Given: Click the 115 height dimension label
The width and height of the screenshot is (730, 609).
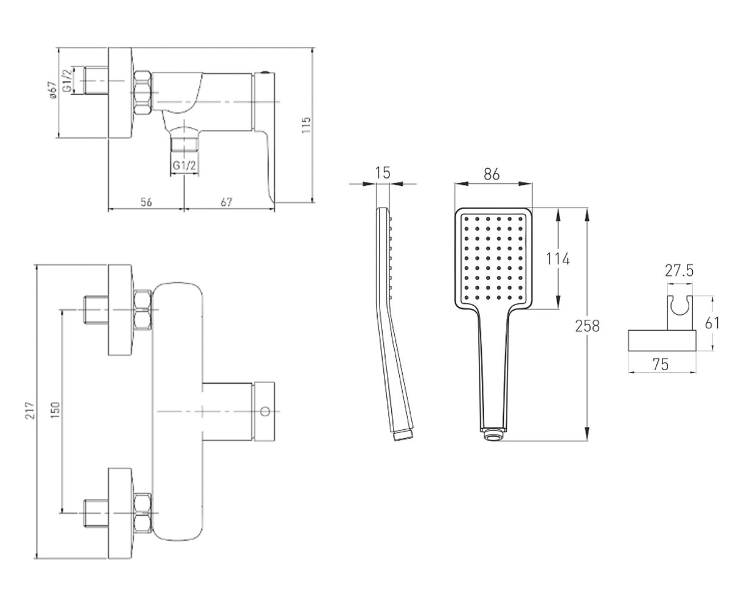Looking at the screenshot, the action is tap(306, 125).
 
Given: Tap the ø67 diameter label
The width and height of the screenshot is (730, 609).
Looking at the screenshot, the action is tap(52, 90).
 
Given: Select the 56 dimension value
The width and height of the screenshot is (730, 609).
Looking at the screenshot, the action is tap(146, 202).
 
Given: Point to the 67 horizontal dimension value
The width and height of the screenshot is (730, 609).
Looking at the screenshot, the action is tap(226, 202).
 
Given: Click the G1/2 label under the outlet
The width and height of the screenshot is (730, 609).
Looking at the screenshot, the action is tap(184, 165).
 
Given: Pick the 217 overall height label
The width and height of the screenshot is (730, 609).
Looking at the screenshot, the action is tap(31, 410).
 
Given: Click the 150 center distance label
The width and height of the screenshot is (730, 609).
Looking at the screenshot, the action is tap(55, 410).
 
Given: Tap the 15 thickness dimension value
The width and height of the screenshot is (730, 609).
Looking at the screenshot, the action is tap(383, 173).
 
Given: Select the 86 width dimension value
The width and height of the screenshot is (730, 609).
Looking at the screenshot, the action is tap(492, 174).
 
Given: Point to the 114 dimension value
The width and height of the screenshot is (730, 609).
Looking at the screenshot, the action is tap(558, 259).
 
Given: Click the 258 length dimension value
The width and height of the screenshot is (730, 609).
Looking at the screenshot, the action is tap(588, 326).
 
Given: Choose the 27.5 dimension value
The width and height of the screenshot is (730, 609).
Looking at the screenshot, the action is tap(680, 270).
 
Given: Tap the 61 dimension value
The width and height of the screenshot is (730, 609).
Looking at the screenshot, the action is tap(712, 323).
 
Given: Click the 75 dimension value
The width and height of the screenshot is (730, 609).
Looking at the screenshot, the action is tap(661, 364).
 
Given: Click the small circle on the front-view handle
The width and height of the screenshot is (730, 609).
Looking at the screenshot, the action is tap(266, 411).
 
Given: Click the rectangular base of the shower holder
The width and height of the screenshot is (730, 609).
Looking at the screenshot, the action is tap(662, 340).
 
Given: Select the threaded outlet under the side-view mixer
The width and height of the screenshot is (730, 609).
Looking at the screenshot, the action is tap(184, 144).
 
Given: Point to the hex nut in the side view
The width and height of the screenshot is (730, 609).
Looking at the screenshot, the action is tap(142, 93).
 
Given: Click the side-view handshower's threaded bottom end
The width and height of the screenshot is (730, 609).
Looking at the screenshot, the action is tap(403, 436).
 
